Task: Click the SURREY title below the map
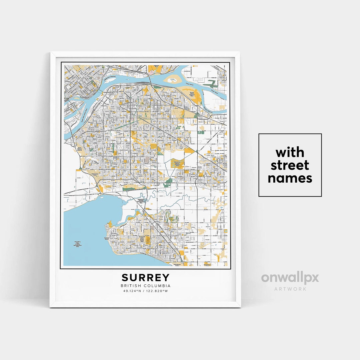[x=145, y=278]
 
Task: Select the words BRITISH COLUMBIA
[x=145, y=286]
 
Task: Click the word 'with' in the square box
[x=290, y=152]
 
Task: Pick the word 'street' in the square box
[x=290, y=165]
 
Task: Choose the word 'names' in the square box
[x=290, y=178]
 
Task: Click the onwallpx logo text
[x=290, y=278]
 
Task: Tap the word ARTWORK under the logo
[x=290, y=289]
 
